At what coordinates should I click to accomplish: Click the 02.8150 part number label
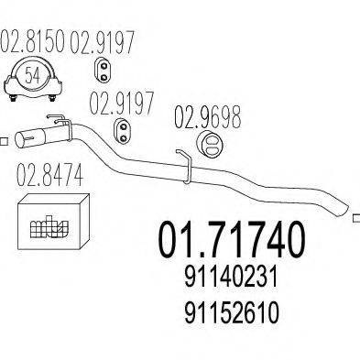(x=34, y=42)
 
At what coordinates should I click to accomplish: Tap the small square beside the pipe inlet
(x=5, y=140)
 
